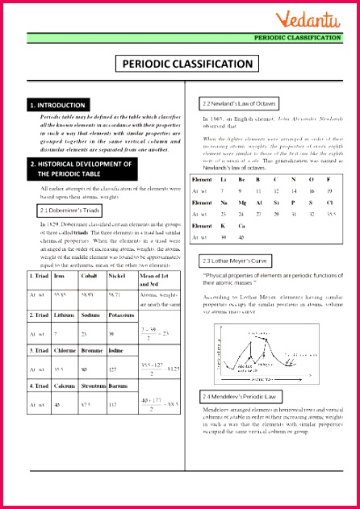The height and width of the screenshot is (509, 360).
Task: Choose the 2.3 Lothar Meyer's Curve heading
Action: click(x=241, y=261)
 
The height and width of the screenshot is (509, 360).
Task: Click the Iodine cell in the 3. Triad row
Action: click(x=116, y=352)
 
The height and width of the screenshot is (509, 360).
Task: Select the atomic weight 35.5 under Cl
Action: click(x=328, y=215)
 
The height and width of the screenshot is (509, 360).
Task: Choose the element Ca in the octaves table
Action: click(x=241, y=226)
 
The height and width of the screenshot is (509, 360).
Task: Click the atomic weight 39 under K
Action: click(x=222, y=237)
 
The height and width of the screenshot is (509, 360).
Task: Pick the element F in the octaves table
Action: click(x=328, y=179)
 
